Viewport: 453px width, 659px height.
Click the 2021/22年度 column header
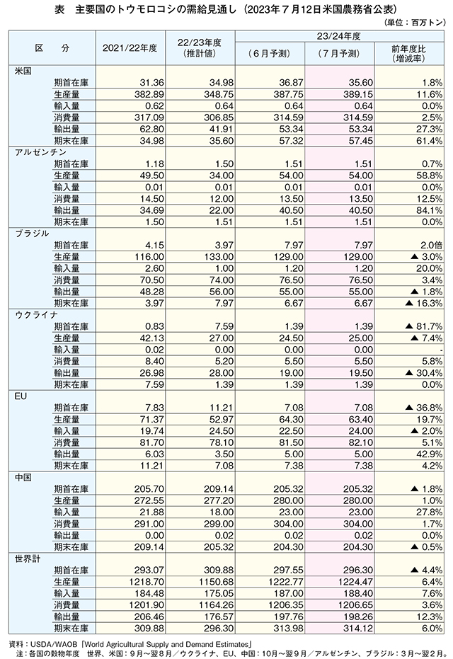(x=130, y=48)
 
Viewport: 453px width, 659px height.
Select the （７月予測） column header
(x=339, y=53)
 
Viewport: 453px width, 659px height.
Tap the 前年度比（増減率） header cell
(x=408, y=53)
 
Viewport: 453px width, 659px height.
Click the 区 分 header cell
(x=52, y=48)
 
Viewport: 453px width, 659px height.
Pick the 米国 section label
(x=23, y=71)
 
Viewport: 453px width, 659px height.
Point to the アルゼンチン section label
(x=40, y=152)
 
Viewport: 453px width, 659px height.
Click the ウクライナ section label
(x=36, y=315)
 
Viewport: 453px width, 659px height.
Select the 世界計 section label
(x=28, y=558)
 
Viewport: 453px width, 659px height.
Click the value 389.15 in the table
(x=357, y=95)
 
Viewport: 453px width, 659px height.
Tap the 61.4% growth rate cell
(x=430, y=141)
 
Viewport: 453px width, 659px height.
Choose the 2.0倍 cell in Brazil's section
(x=431, y=245)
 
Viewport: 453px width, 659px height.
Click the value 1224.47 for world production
(x=355, y=582)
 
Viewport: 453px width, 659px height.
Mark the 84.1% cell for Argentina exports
(x=430, y=210)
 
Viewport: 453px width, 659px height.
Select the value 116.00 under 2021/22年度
(x=149, y=257)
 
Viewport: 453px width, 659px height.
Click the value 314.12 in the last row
(x=357, y=629)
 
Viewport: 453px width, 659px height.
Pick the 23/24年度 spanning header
(x=339, y=36)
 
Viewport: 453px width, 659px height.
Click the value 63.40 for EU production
(x=360, y=420)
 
